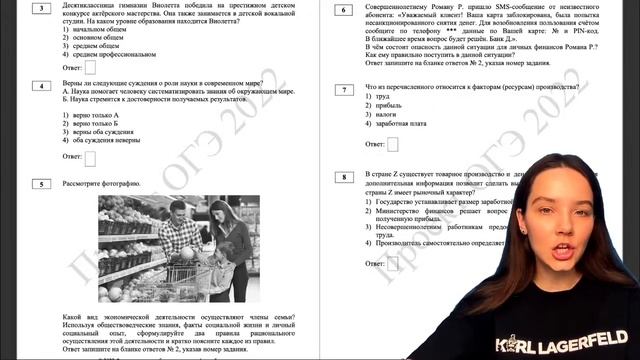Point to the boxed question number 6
[x=344, y=10]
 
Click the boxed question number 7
[x=344, y=90]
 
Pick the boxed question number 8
[x=344, y=177]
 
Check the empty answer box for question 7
[x=392, y=144]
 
